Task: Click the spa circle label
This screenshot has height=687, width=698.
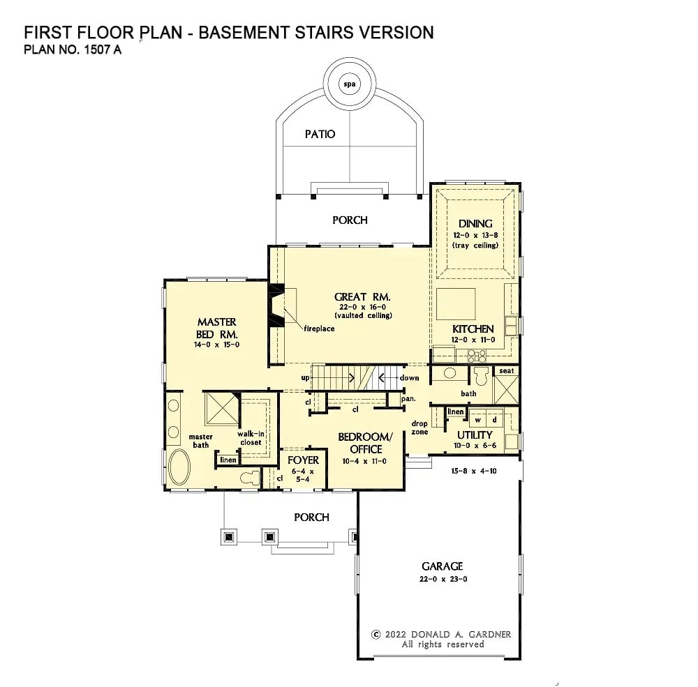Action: point(349,84)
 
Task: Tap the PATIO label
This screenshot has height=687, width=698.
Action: point(320,134)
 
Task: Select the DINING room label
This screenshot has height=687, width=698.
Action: point(475,224)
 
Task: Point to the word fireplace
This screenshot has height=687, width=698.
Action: point(318,328)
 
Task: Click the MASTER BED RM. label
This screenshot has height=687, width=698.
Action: point(216,328)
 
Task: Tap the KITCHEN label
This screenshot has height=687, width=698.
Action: point(473,329)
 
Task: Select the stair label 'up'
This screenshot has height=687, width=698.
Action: point(305,378)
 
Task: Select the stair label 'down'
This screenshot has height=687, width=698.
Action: point(409,378)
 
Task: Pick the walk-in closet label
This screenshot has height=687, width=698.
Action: point(249,437)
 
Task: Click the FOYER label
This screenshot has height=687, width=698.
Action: point(303,460)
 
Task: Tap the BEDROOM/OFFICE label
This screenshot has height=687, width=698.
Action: point(365,443)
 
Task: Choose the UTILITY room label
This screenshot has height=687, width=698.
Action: point(475,435)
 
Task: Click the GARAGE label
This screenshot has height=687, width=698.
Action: point(442,566)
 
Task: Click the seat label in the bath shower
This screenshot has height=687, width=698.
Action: point(506,371)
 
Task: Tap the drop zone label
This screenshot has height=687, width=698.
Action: point(419,428)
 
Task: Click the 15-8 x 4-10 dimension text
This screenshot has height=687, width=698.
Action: point(474,471)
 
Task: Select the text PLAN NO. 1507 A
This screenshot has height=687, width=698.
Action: point(73,50)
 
